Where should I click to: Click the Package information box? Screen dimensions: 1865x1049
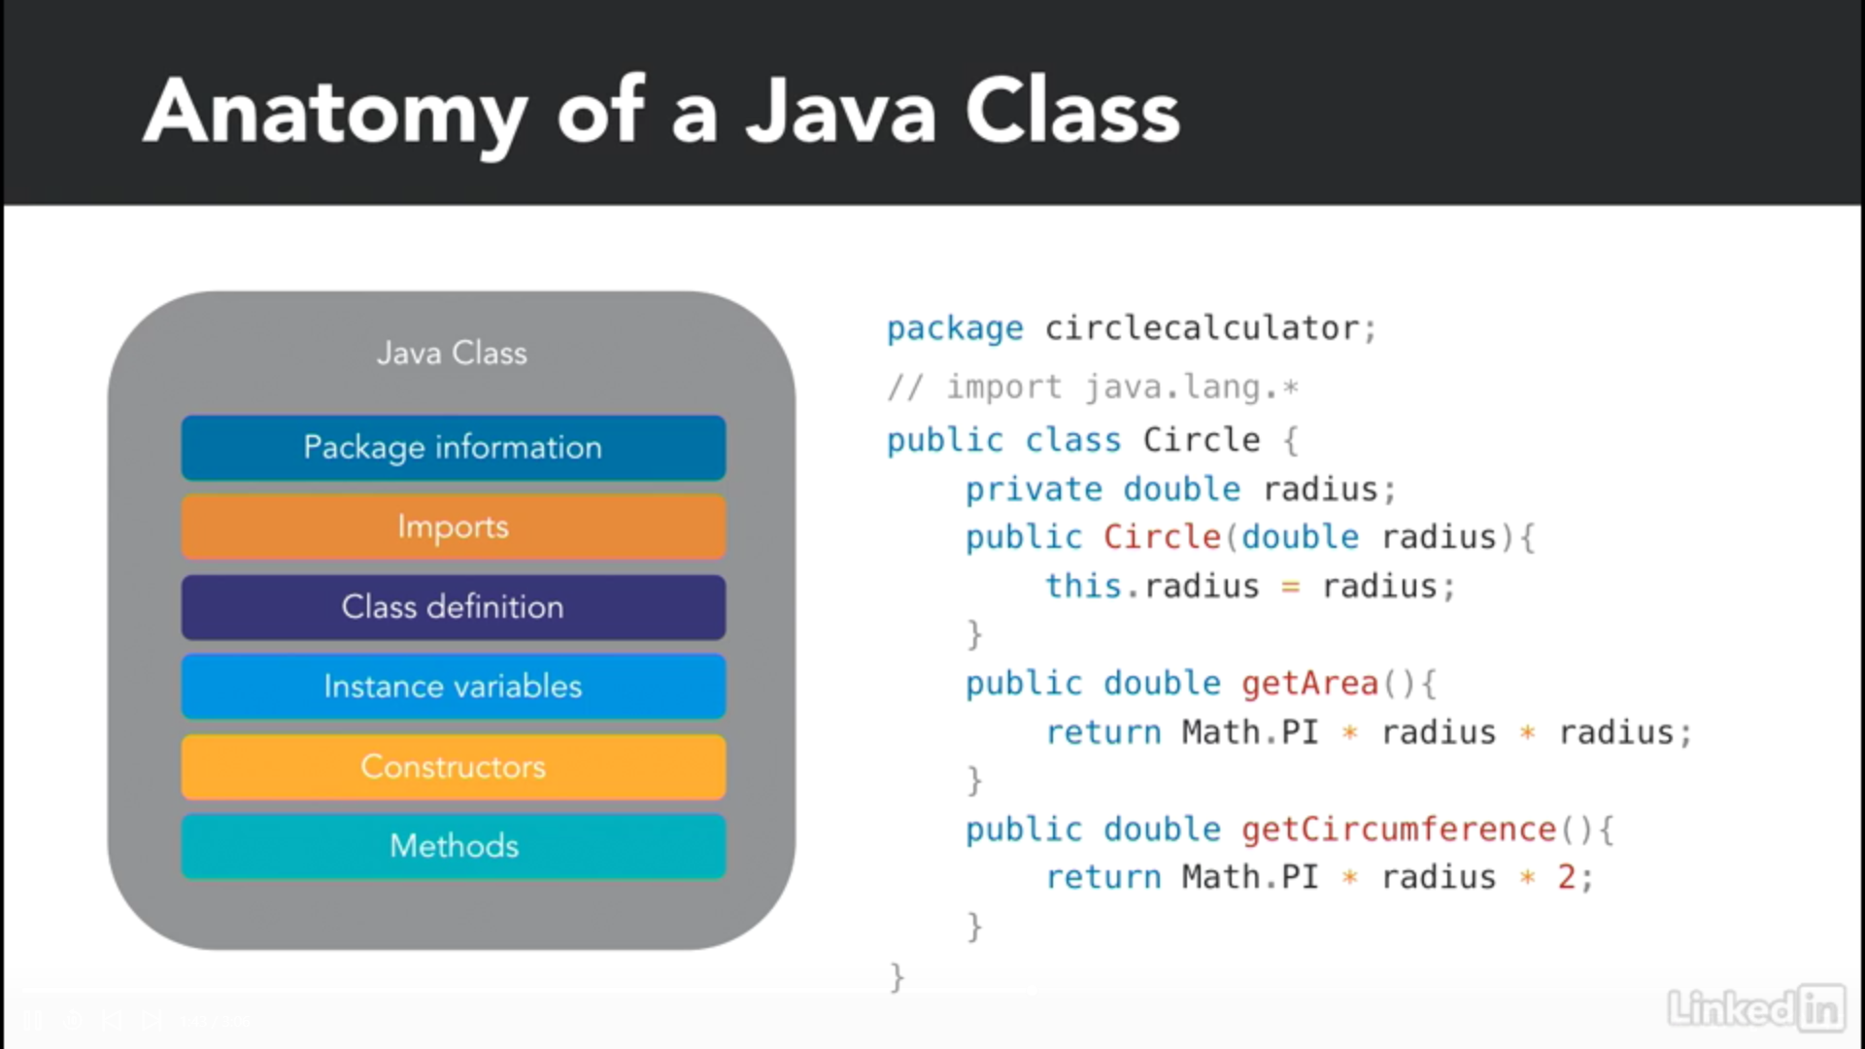pyautogui.click(x=454, y=448)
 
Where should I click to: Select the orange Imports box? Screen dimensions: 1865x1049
pyautogui.click(x=454, y=526)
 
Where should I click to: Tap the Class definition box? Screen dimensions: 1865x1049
pyautogui.click(x=454, y=607)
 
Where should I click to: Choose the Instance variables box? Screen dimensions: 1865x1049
pyautogui.click(x=454, y=687)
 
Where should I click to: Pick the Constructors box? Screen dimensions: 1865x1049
pyautogui.click(x=454, y=766)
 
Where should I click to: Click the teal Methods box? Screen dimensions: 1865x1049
pyautogui.click(x=454, y=846)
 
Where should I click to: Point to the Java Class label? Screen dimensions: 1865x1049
pyautogui.click(x=452, y=353)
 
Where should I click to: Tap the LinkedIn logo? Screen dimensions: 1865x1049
pyautogui.click(x=1756, y=1007)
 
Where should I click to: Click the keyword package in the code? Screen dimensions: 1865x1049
pyautogui.click(x=955, y=329)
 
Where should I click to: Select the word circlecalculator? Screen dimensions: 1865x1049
pyautogui.click(x=1202, y=328)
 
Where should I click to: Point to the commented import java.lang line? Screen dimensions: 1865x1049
pyautogui.click(x=1093, y=388)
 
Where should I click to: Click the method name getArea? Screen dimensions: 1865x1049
pyautogui.click(x=1309, y=685)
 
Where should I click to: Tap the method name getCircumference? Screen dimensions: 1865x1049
pyautogui.click(x=1399, y=829)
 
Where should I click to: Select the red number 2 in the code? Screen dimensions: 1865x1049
pyautogui.click(x=1566, y=877)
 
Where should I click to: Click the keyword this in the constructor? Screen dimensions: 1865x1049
pyautogui.click(x=1083, y=586)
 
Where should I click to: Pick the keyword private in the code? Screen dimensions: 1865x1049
pyautogui.click(x=1034, y=490)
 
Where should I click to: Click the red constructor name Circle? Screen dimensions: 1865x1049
pyautogui.click(x=1162, y=537)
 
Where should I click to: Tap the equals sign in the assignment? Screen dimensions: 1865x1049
pyautogui.click(x=1290, y=588)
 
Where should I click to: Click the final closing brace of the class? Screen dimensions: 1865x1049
pyautogui.click(x=897, y=976)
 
